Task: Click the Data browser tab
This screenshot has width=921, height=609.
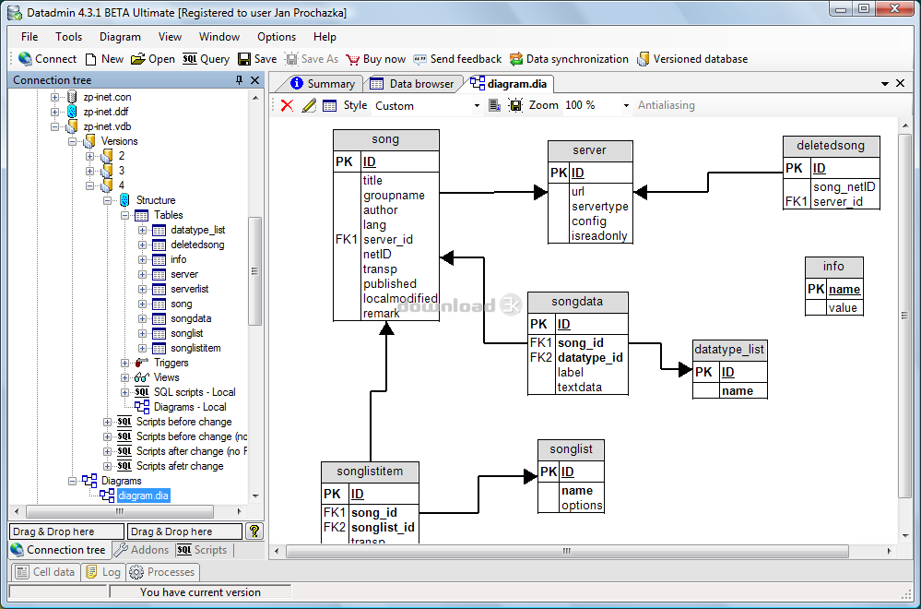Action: pos(412,84)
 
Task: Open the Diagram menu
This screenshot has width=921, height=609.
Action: pos(120,36)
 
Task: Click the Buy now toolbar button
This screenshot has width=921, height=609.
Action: pos(376,59)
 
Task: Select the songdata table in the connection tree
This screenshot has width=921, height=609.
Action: pos(190,318)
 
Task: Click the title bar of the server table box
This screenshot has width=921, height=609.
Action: pos(590,150)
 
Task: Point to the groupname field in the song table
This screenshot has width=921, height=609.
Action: pos(394,196)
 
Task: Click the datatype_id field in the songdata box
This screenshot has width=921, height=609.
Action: pos(590,357)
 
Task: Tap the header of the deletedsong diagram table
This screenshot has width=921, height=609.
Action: pos(832,146)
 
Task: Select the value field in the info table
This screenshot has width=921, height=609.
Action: pos(843,307)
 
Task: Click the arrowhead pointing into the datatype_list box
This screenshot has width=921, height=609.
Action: pos(686,369)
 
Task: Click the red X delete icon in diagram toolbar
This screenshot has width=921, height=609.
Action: pos(288,105)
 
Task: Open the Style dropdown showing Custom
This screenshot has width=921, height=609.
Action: pos(427,106)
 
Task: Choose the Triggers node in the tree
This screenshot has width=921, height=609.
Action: pos(171,363)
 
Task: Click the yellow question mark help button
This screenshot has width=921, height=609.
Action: pos(254,531)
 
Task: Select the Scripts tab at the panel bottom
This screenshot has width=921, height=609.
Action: pos(203,550)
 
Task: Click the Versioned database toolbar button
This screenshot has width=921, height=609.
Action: pos(692,59)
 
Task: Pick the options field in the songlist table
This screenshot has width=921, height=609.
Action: pos(582,506)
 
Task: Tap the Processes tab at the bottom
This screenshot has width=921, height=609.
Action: pos(162,572)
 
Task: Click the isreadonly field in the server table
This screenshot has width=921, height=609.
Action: pos(599,235)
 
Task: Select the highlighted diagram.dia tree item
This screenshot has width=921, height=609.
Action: pos(143,496)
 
